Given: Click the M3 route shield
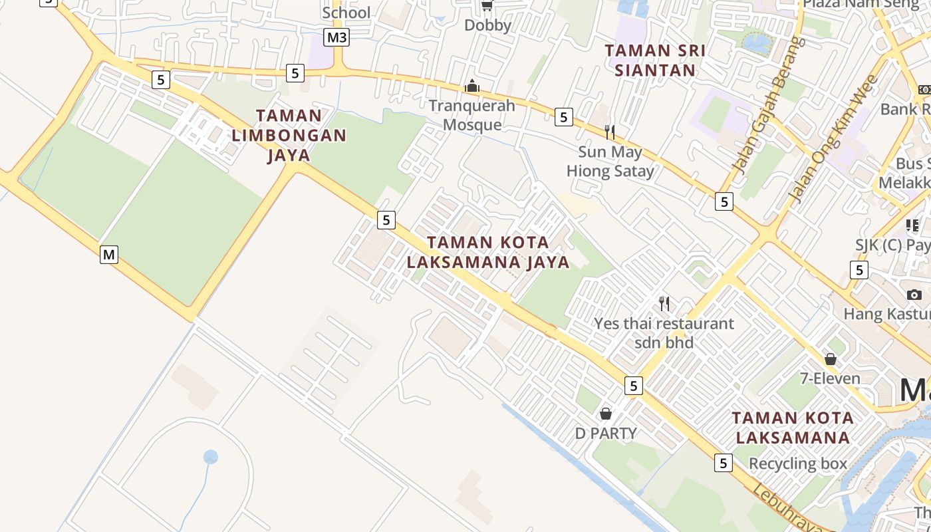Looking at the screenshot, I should pos(336,37).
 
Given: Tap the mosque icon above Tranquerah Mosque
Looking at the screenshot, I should pos(472,86).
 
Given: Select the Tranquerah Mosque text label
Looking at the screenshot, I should pos(472,115).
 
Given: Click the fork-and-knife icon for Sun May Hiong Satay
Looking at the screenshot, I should pos(609,132).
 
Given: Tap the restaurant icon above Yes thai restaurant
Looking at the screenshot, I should pos(664,304).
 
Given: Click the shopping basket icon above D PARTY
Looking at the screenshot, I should pos(606,414).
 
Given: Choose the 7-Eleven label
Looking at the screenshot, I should pos(830,378).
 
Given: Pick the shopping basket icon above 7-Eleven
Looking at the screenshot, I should pos(831,359).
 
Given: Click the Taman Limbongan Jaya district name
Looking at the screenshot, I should pos(289,136).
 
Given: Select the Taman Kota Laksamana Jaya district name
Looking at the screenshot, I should pos(488,252).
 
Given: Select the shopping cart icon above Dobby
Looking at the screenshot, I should pos(487,6).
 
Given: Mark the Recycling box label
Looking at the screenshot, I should pos(798,464).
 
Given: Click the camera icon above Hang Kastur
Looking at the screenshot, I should pos(914,295).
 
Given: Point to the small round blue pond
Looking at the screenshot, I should pos(211,457).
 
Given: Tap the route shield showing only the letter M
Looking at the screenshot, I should pos(109,254).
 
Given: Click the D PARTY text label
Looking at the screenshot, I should pos(606,434).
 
